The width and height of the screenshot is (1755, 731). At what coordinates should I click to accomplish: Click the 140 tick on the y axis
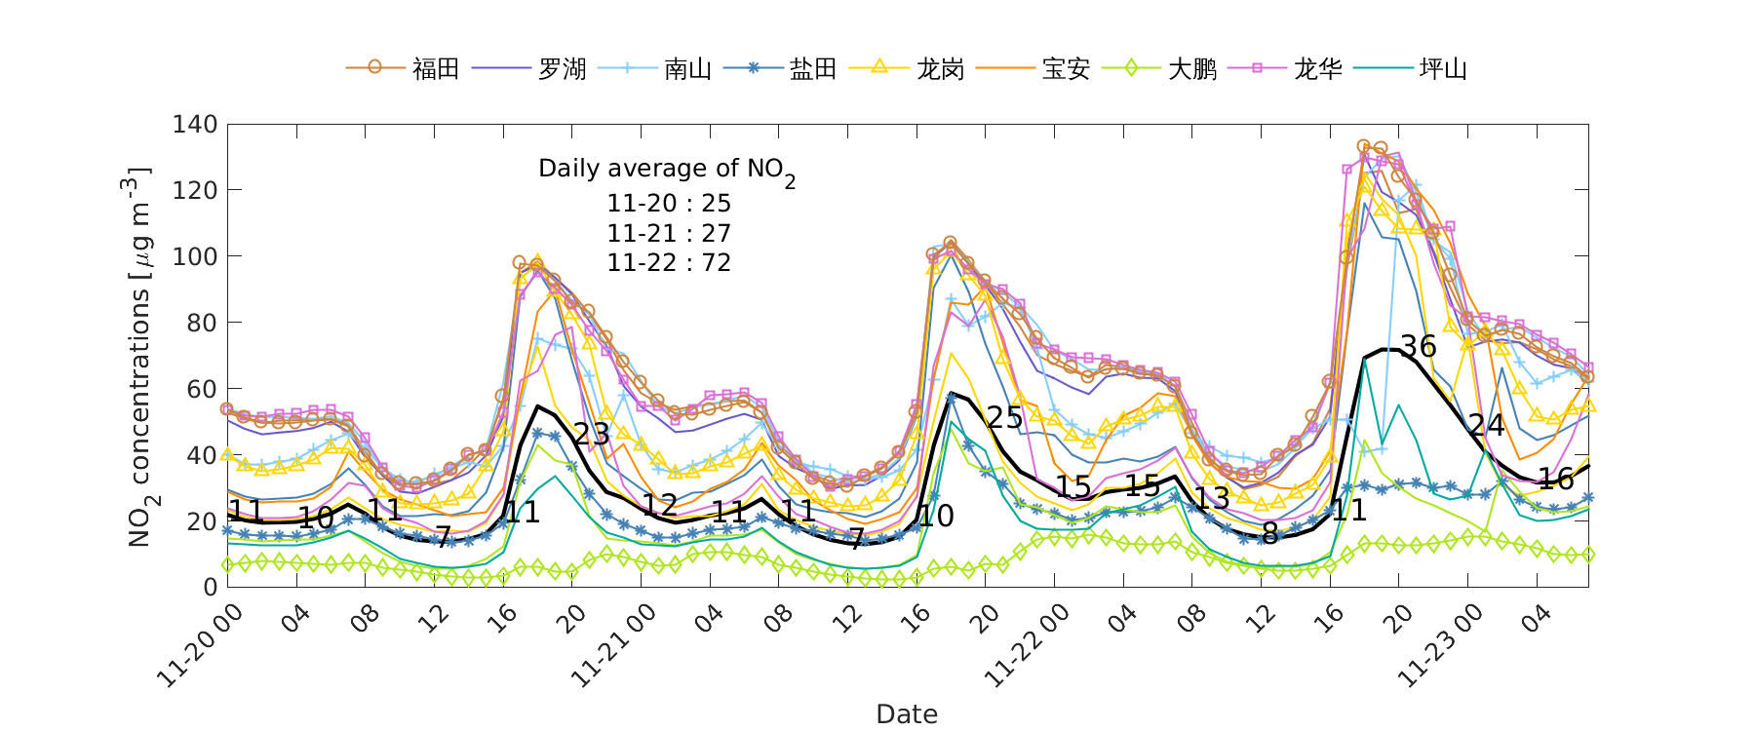(x=194, y=125)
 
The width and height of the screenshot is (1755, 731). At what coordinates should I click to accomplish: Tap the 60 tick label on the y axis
(x=201, y=389)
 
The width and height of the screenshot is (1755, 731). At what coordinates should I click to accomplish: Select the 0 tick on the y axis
(x=209, y=587)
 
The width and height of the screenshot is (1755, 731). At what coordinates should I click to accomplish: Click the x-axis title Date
(x=907, y=714)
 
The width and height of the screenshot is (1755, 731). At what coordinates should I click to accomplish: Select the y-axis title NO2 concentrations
(x=140, y=357)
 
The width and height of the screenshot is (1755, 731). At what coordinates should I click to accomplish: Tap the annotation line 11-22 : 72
(x=669, y=263)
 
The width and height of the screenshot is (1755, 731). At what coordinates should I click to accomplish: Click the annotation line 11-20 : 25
(x=669, y=204)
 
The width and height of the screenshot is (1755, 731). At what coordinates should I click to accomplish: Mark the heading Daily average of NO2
(x=666, y=170)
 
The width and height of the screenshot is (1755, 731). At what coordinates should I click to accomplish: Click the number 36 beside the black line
(x=1419, y=347)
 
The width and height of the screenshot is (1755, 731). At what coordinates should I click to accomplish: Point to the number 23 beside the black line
(x=591, y=435)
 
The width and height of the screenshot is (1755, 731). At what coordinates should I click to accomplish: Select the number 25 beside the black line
(x=1004, y=418)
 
